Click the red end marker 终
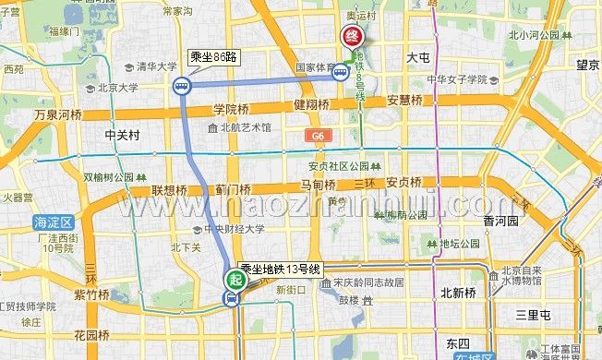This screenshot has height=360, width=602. click(x=352, y=36)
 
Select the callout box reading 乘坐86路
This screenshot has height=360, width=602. click(x=214, y=57)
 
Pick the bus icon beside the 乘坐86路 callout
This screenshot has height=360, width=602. click(x=181, y=88)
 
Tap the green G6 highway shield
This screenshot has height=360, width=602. click(x=319, y=136)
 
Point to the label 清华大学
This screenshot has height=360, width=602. click(x=156, y=67)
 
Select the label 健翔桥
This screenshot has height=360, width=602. click(x=311, y=105)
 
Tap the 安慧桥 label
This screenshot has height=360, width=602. click(x=403, y=101)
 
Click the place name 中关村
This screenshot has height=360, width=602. click(x=121, y=135)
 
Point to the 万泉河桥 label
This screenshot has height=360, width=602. click(x=58, y=115)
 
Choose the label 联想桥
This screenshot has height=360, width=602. click(x=170, y=190)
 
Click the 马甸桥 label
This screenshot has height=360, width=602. click(x=318, y=186)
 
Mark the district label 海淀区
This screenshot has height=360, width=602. click(x=52, y=222)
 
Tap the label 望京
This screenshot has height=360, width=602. click(x=588, y=66)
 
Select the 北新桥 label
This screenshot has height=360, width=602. click(x=457, y=293)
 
